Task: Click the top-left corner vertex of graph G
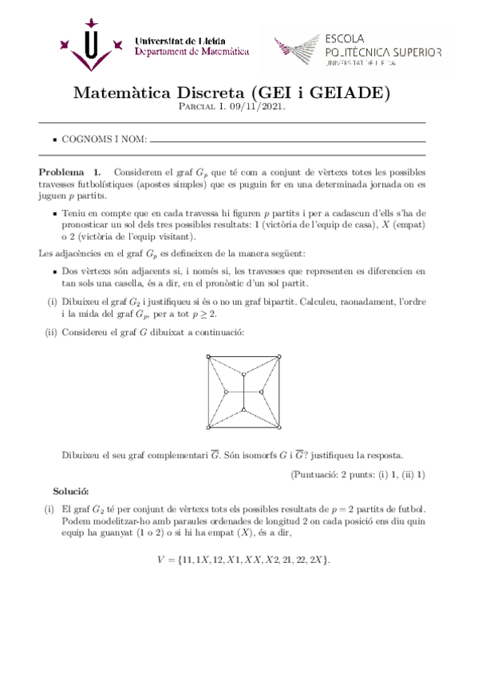(207, 357)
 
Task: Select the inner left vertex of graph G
(227, 392)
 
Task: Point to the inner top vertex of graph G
(243, 375)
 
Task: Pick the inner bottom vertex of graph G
(243, 410)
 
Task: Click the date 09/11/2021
(263, 106)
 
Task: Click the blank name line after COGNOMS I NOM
(287, 141)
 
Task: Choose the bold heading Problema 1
(70, 172)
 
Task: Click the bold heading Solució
(71, 489)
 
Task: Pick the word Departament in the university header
(163, 52)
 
